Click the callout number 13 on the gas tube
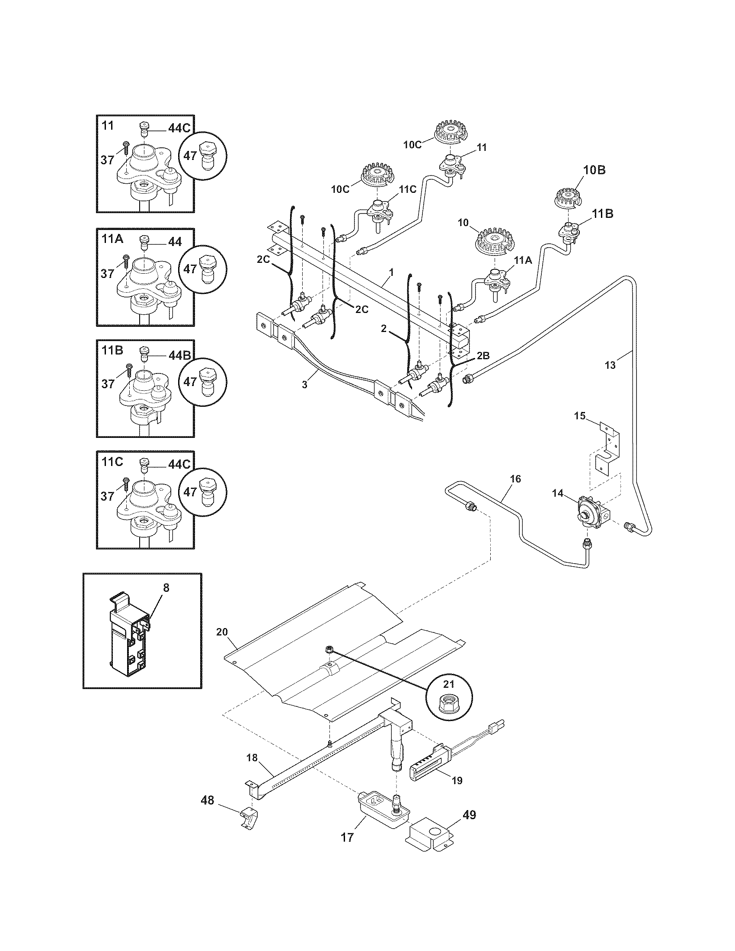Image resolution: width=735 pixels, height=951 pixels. click(x=610, y=365)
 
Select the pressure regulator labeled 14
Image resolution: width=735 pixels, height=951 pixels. click(x=589, y=509)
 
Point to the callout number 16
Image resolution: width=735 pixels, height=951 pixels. click(x=515, y=479)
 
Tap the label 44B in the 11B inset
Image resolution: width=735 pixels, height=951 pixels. click(x=179, y=356)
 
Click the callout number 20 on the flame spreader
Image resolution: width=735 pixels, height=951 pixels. click(x=222, y=632)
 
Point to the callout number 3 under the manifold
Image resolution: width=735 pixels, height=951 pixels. click(x=304, y=384)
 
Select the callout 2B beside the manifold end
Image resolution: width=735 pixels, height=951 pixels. click(x=483, y=355)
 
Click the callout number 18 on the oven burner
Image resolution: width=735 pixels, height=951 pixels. click(x=252, y=758)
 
